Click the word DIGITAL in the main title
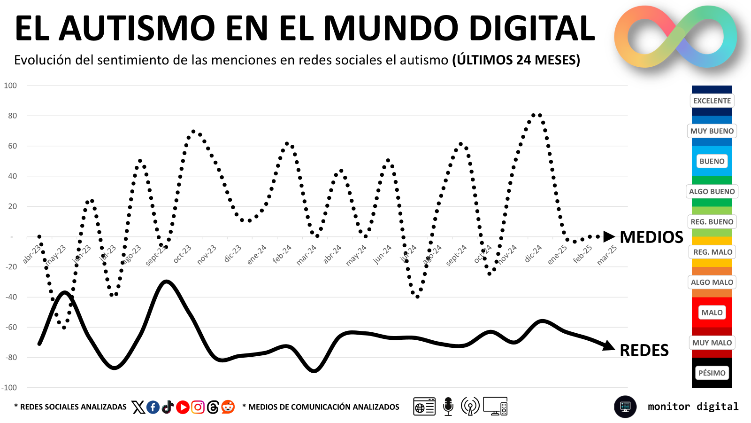click(x=532, y=28)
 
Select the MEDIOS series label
click(x=651, y=237)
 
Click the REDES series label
click(x=644, y=350)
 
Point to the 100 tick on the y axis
click(x=10, y=86)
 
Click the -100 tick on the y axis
click(x=9, y=388)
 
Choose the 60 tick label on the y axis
click(x=12, y=146)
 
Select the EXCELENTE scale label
click(x=712, y=101)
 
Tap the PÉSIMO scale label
click(x=712, y=373)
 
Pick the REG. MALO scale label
click(x=713, y=252)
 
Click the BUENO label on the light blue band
click(x=712, y=162)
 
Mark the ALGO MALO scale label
click(x=712, y=282)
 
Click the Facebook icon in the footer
click(x=153, y=407)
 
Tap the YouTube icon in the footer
click(x=183, y=407)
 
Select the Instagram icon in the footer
click(x=198, y=407)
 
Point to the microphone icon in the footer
click(x=448, y=406)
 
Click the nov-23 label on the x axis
click(x=207, y=255)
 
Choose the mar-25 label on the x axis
click(x=607, y=255)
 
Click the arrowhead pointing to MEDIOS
click(x=609, y=237)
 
